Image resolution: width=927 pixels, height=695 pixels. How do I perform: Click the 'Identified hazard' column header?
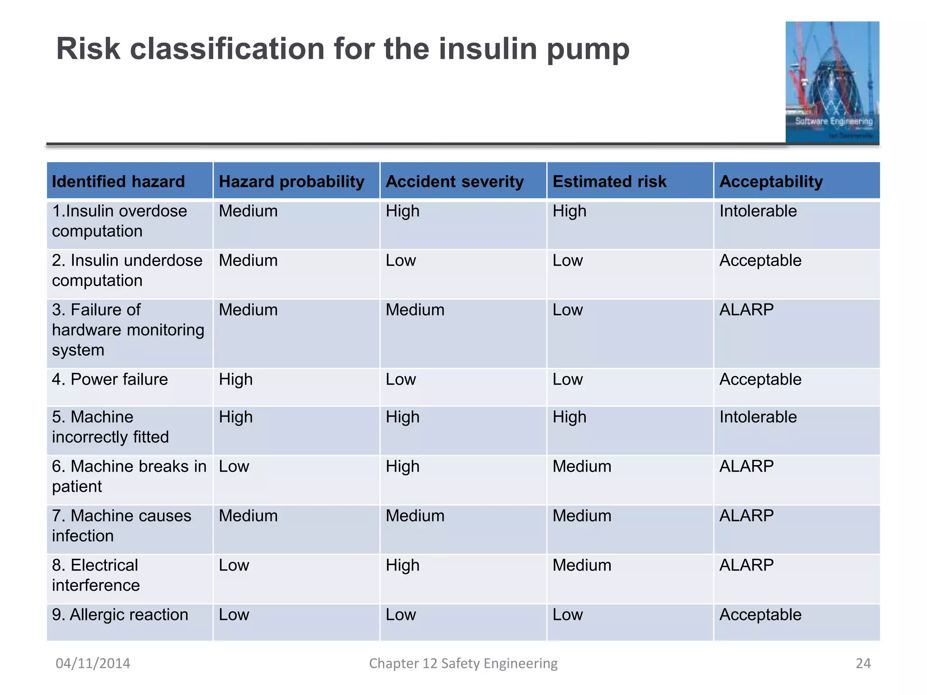(119, 181)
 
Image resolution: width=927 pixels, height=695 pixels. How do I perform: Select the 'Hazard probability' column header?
(291, 181)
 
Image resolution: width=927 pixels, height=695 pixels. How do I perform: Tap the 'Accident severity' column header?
(454, 181)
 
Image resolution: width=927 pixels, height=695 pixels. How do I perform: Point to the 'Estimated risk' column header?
(609, 181)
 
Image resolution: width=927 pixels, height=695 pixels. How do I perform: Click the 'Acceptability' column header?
(771, 181)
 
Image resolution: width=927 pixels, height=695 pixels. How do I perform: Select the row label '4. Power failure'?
(110, 379)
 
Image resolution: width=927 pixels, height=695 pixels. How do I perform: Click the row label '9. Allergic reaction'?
(120, 614)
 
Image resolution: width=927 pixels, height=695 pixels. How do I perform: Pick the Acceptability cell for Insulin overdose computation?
(758, 211)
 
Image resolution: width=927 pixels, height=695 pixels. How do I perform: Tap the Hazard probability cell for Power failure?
(236, 379)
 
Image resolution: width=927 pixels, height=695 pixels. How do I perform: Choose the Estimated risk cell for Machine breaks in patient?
(582, 466)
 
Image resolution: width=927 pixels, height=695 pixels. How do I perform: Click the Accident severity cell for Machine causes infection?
(415, 515)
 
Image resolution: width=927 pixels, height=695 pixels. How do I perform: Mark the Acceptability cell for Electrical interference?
(746, 565)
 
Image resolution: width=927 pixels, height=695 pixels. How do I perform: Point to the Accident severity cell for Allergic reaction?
(401, 614)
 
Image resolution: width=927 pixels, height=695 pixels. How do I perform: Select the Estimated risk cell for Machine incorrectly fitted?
(569, 417)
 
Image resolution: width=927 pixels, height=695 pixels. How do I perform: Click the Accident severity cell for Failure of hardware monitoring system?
(415, 309)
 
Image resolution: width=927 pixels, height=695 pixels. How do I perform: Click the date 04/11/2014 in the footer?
(93, 663)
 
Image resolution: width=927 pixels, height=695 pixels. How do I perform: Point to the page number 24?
(863, 663)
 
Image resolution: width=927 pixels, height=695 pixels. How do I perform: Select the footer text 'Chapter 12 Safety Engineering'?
(463, 663)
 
